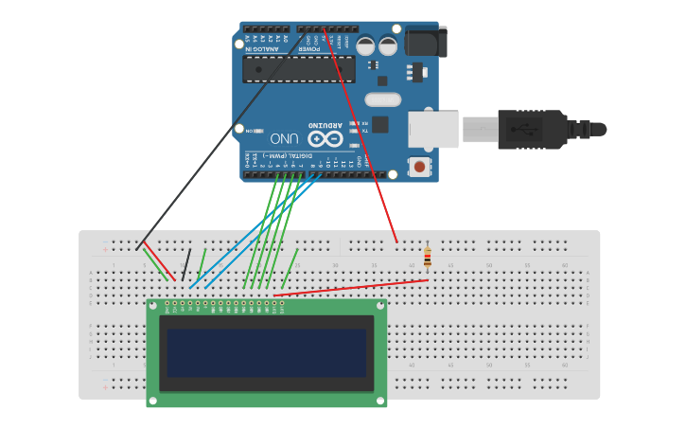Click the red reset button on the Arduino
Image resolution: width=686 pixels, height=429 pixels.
click(x=419, y=168)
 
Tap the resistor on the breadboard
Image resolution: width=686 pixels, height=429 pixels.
click(x=428, y=257)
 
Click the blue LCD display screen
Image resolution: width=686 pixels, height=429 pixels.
click(x=267, y=353)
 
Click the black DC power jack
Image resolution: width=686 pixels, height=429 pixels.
click(x=425, y=42)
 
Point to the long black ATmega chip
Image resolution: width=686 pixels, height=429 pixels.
click(x=298, y=68)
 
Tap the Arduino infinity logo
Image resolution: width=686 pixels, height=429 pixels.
click(x=324, y=138)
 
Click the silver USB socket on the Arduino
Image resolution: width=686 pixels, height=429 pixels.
click(x=433, y=129)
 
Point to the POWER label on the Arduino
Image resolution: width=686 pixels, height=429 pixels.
click(x=309, y=47)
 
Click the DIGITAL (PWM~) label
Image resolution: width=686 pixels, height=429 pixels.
click(x=285, y=155)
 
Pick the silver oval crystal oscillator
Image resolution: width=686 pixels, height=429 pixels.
click(x=382, y=98)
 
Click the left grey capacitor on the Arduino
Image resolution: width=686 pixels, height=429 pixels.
click(x=365, y=45)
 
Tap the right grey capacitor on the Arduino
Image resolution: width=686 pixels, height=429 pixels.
click(x=388, y=45)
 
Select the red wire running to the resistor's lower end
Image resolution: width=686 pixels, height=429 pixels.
click(x=350, y=288)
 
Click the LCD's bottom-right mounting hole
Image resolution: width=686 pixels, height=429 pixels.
click(x=380, y=401)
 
